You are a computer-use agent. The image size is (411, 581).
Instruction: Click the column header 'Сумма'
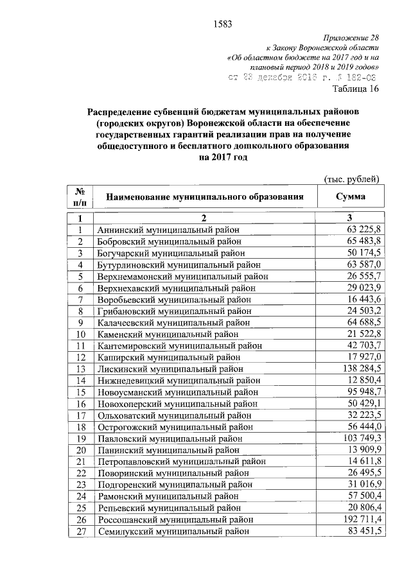click(351, 196)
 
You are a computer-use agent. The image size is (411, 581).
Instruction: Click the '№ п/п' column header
click(80, 196)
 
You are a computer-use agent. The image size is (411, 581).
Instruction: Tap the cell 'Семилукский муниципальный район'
click(170, 531)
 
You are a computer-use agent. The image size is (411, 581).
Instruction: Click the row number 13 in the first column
click(80, 369)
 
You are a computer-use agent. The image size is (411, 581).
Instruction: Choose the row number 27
click(80, 531)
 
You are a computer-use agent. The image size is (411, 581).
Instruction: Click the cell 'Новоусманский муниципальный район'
click(174, 392)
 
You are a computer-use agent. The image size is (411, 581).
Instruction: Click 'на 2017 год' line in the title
click(223, 158)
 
